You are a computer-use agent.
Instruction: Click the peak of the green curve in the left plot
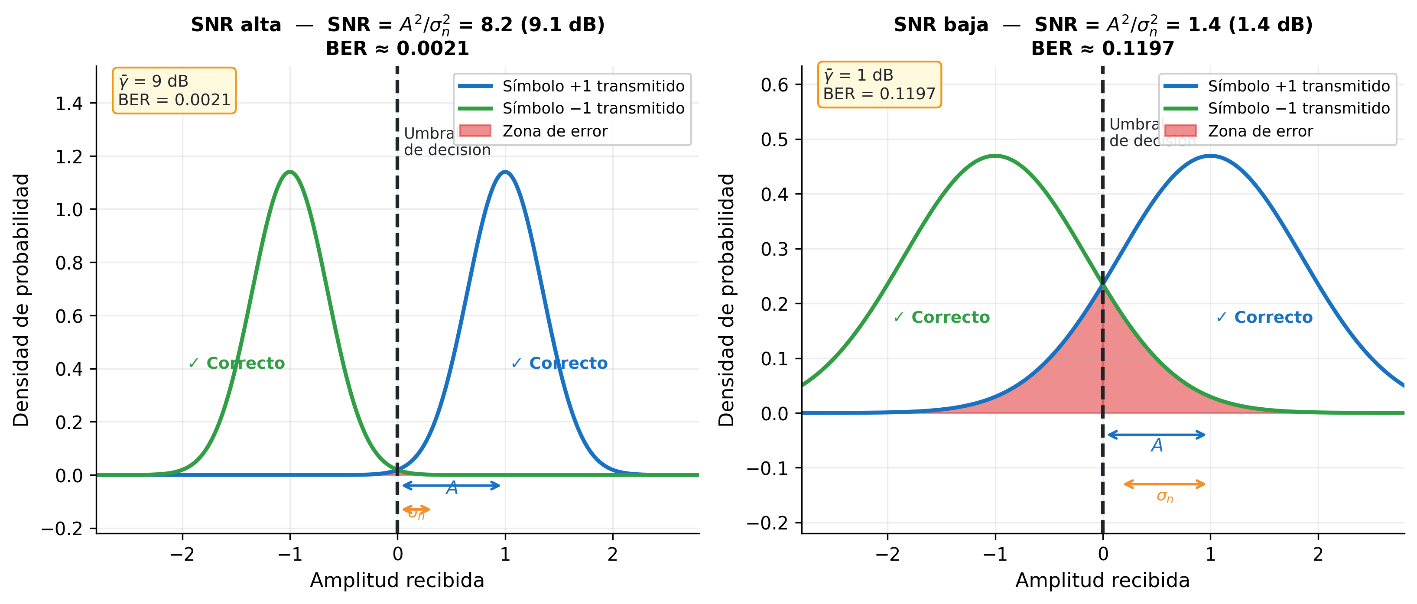click(290, 172)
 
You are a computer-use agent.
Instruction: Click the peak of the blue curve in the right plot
click(1210, 156)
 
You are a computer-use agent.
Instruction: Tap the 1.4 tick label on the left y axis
click(69, 104)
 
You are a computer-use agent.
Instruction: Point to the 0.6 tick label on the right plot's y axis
click(774, 85)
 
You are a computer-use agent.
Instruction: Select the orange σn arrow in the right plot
click(1164, 484)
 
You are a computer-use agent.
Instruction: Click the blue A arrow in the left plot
click(451, 485)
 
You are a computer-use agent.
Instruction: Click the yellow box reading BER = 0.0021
click(174, 91)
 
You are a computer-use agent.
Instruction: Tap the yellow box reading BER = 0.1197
click(879, 85)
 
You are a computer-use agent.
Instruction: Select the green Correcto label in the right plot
click(942, 318)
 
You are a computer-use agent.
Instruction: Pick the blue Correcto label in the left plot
click(559, 363)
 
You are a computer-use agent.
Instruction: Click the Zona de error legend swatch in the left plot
click(475, 131)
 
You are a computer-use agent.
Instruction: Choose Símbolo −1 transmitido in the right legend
click(1298, 108)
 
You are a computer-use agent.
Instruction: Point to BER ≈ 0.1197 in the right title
click(1102, 49)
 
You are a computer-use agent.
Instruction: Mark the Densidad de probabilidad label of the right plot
click(727, 300)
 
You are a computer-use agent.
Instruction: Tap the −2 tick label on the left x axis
click(182, 554)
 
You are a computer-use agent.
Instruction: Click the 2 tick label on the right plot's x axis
click(1317, 554)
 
